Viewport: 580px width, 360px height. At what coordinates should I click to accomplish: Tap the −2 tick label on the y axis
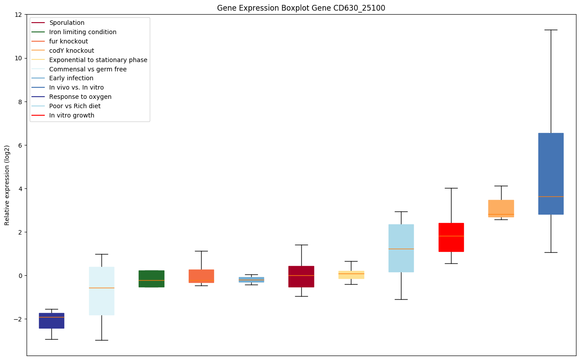pyautogui.click(x=17, y=319)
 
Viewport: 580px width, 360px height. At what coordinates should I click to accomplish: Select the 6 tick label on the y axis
pyautogui.click(x=20, y=145)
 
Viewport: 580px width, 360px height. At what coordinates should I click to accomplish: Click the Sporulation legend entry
pyautogui.click(x=67, y=23)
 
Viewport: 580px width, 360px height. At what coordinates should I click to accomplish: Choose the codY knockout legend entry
pyautogui.click(x=71, y=51)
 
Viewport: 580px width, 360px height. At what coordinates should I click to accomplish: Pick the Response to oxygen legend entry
pyautogui.click(x=80, y=97)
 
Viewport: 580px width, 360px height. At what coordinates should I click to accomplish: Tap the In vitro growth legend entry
pyautogui.click(x=72, y=115)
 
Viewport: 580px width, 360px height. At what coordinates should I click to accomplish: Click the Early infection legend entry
pyautogui.click(x=71, y=78)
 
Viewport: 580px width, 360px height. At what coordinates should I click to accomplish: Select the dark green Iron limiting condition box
pyautogui.click(x=152, y=278)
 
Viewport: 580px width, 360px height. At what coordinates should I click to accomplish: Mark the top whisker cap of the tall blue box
pyautogui.click(x=551, y=30)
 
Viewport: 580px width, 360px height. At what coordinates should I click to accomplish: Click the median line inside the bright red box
pyautogui.click(x=451, y=236)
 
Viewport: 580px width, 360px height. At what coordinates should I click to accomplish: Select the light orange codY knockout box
pyautogui.click(x=501, y=207)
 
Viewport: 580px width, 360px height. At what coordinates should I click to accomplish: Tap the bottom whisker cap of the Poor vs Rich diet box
pyautogui.click(x=401, y=299)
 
